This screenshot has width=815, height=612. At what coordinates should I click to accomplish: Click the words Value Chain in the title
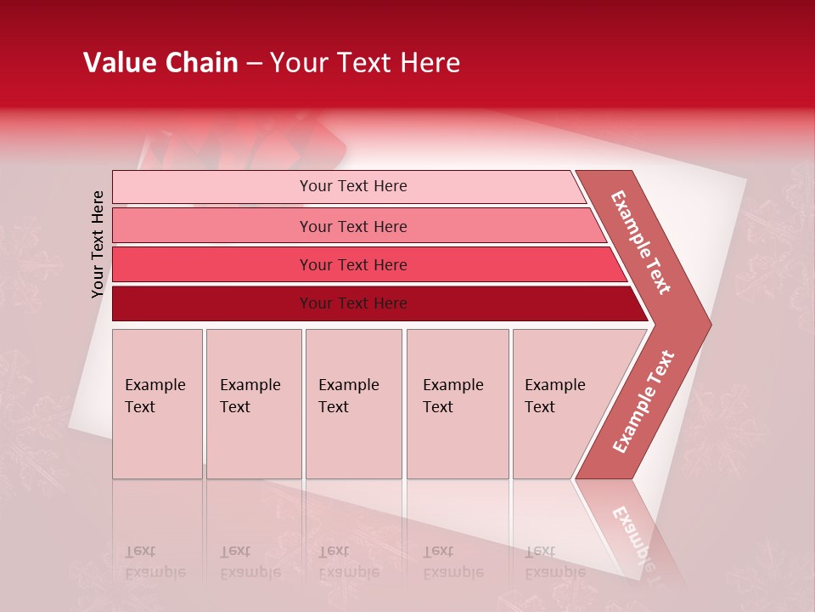[160, 63]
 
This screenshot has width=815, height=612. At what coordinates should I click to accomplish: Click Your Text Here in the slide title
[365, 63]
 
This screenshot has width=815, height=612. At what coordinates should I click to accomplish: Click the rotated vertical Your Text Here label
[98, 244]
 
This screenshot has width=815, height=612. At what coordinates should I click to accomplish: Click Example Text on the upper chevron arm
[641, 242]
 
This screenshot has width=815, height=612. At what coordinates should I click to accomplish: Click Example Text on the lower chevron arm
[644, 402]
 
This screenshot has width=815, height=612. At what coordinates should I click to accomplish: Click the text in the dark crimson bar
[353, 303]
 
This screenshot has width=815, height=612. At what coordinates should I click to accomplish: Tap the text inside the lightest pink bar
[353, 186]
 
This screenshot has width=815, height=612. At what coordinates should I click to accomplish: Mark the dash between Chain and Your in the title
[254, 64]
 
